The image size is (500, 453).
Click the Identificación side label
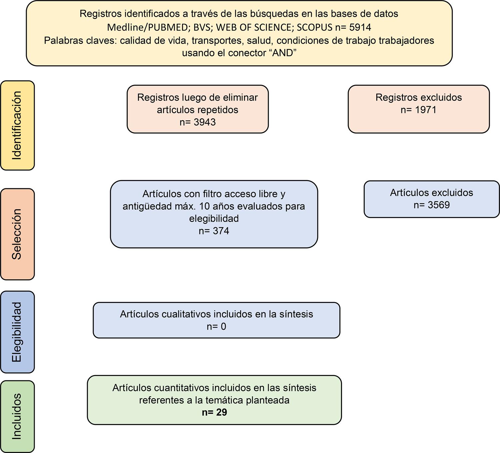17,125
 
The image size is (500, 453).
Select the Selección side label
17,234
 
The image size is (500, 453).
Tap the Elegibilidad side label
17,332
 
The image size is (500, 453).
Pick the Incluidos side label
17,416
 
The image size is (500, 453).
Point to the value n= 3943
198,122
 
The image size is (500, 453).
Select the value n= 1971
419,110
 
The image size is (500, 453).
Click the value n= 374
214,231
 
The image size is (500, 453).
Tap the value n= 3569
432,205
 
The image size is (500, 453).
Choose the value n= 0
216,326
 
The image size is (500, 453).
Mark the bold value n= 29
214,412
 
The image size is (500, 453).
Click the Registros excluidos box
419,109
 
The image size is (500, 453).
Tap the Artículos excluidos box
432,199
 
